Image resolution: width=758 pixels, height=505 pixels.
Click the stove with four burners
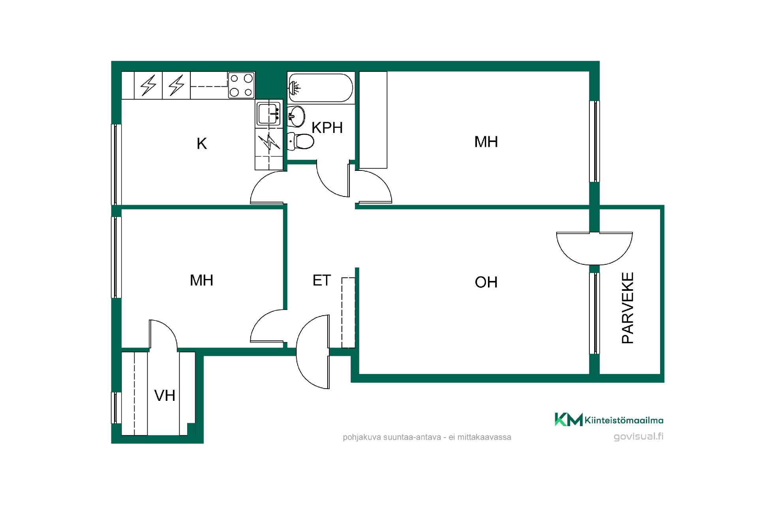[x=241, y=85]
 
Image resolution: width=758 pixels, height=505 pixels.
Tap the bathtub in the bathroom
[x=321, y=87]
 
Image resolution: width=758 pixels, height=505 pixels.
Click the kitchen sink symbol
[x=268, y=114]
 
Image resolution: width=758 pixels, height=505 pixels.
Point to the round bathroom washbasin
[x=296, y=116]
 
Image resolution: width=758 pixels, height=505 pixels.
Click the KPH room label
[x=327, y=128]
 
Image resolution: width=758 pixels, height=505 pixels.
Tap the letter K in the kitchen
[x=202, y=144]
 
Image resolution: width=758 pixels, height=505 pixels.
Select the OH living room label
[x=486, y=282]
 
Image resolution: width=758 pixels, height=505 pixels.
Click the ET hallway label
[x=321, y=280]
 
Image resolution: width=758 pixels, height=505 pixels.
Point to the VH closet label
[x=165, y=395]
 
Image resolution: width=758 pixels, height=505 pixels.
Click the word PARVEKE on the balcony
[x=628, y=308]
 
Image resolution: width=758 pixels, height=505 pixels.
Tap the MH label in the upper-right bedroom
[x=486, y=142]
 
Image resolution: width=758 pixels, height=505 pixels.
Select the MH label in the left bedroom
[x=201, y=280]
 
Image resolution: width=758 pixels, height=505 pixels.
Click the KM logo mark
[x=568, y=419]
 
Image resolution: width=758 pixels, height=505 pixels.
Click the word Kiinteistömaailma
[x=624, y=420]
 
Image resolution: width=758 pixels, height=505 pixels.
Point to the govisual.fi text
[x=638, y=436]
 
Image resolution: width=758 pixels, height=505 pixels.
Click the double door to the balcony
[x=595, y=248]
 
